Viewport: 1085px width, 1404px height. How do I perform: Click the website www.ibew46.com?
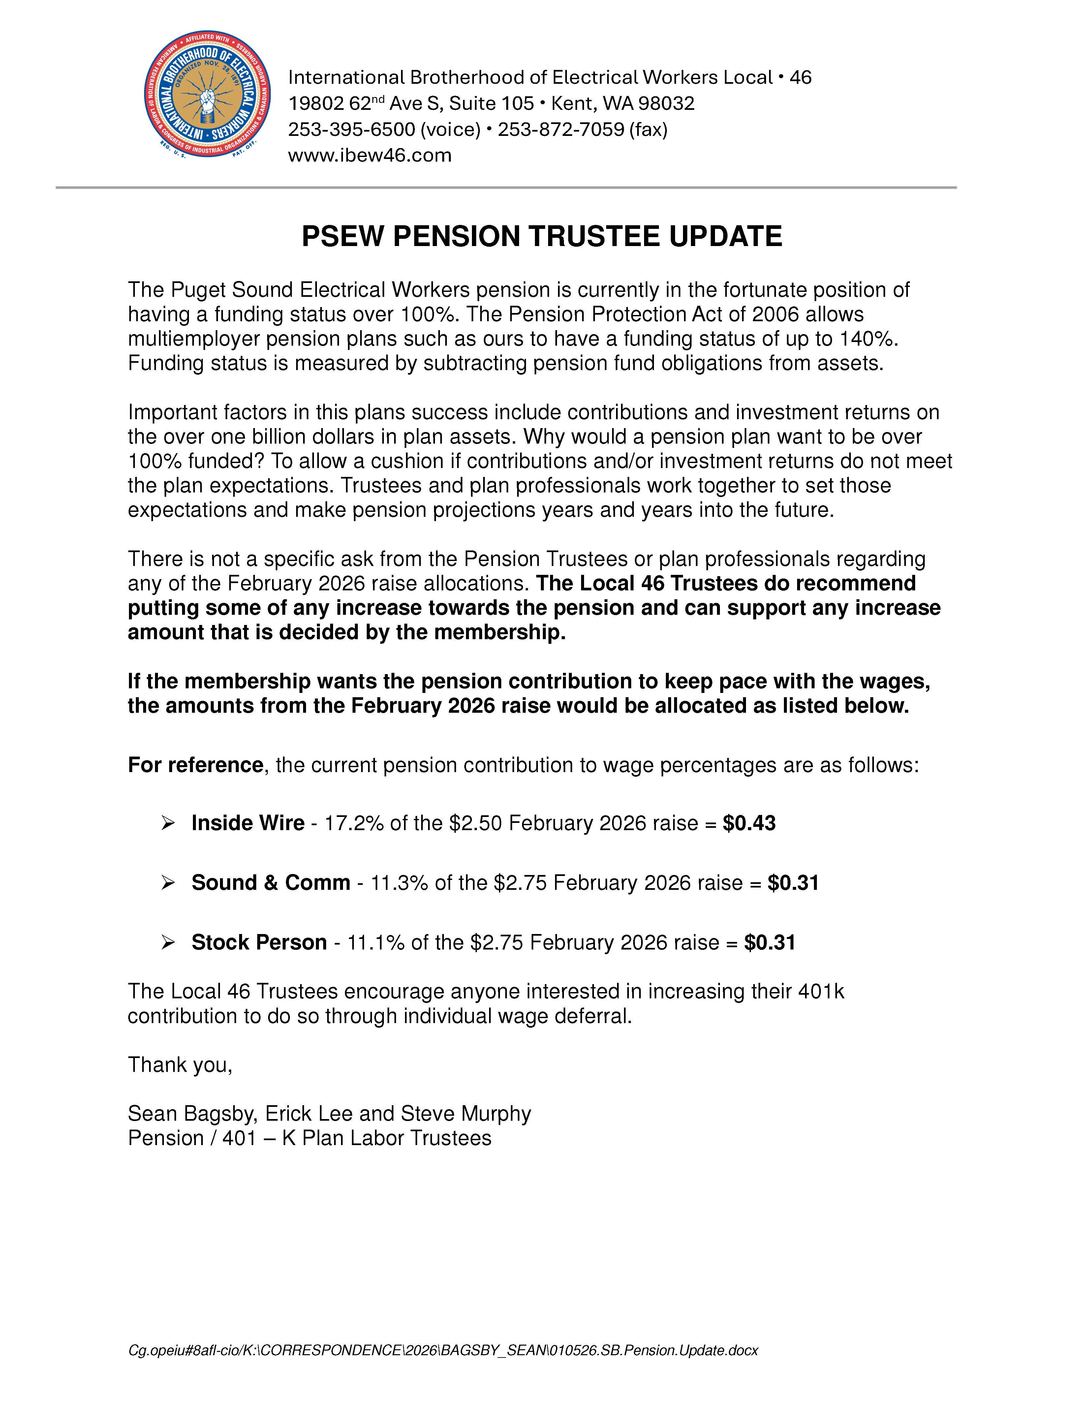[x=370, y=156]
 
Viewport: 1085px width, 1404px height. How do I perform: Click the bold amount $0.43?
[x=749, y=824]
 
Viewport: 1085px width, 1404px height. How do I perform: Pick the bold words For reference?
[x=196, y=765]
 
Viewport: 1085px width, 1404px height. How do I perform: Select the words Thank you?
[x=179, y=1065]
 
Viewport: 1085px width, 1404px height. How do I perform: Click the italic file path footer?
[x=443, y=1351]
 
